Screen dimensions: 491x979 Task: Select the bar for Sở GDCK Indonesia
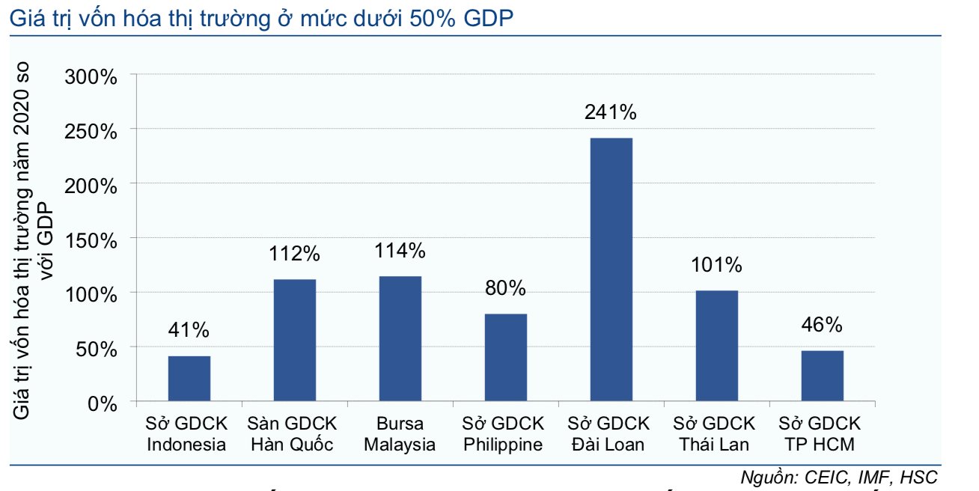pos(189,379)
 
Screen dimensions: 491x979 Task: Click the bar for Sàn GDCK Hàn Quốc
pos(294,341)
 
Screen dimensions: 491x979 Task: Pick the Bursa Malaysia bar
pos(400,339)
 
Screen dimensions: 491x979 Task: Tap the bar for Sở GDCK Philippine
pos(505,358)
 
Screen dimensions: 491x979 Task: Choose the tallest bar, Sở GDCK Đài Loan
pos(611,270)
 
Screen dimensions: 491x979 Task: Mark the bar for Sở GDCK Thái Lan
pos(716,347)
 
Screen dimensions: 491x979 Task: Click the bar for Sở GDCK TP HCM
pos(822,376)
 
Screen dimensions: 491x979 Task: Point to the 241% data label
pos(611,113)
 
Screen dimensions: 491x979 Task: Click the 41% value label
pos(189,330)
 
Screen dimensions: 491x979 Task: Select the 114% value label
pos(400,251)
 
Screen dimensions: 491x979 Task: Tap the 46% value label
pos(822,325)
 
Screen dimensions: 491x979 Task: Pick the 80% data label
pos(505,288)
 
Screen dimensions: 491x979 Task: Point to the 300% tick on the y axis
pos(91,76)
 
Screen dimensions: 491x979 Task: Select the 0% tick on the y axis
pos(102,404)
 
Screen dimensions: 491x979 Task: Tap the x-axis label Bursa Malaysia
pos(400,434)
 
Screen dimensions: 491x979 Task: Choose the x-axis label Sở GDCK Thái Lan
pos(716,434)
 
